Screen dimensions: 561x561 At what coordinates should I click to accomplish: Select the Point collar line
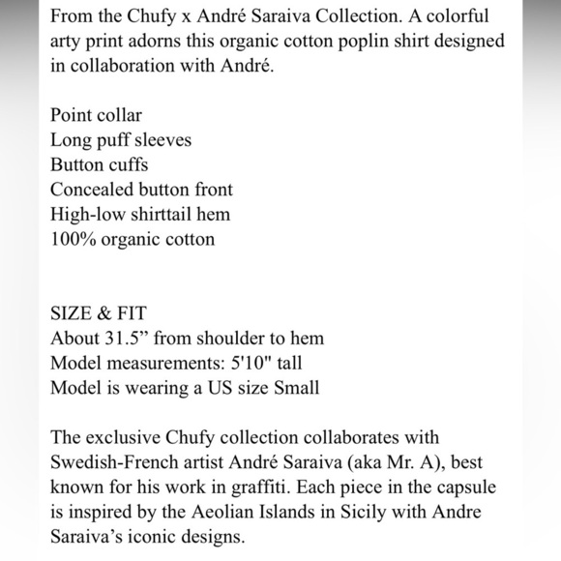(96, 115)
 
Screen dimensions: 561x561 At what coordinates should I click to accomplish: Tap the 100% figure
(73, 239)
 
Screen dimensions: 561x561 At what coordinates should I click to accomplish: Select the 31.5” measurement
(133, 339)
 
